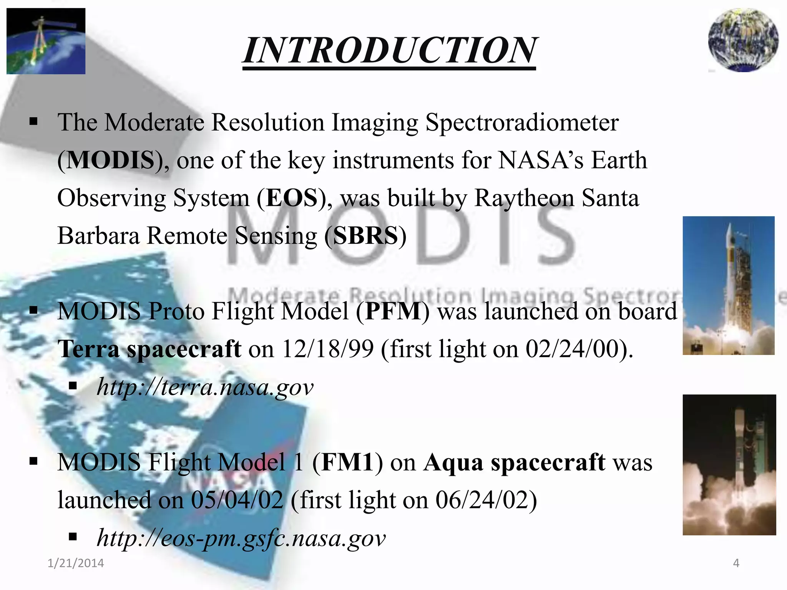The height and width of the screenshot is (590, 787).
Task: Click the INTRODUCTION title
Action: pos(389,51)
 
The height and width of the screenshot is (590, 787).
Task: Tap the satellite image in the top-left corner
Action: pos(46,41)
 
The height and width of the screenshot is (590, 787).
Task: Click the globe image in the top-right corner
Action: pos(744,40)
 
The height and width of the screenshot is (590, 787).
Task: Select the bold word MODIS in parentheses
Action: pos(111,160)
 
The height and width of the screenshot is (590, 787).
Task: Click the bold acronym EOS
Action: pos(292,198)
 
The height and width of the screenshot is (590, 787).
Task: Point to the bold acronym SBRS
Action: pos(365,235)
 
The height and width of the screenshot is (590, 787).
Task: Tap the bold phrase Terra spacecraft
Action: pos(149,349)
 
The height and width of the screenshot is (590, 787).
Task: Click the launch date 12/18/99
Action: pos(328,349)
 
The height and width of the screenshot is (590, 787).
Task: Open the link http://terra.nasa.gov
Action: pos(205,387)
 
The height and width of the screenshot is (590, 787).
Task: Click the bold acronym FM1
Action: pos(347,462)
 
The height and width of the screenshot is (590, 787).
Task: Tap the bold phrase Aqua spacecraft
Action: pos(514,462)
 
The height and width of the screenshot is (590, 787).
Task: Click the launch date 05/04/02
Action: pos(237,500)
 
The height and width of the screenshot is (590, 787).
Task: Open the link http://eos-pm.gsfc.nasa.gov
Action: pos(241,538)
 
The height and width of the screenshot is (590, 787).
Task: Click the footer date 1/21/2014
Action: pos(76,563)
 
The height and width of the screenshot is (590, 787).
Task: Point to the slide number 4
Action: pos(736,563)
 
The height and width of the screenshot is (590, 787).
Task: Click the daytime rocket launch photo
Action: pos(728,285)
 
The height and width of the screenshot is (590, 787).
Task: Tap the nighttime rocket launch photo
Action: pos(729,464)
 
